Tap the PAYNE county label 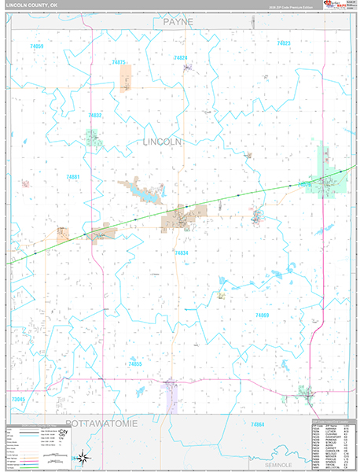178,24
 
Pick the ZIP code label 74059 37,47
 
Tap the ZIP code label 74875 119,61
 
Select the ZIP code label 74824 181,58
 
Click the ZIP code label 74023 284,43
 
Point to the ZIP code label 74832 95,115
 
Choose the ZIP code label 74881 73,177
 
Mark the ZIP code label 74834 182,253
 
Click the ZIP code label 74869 262,315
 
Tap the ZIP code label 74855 135,364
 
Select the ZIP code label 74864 257,425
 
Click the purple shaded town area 169,398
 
